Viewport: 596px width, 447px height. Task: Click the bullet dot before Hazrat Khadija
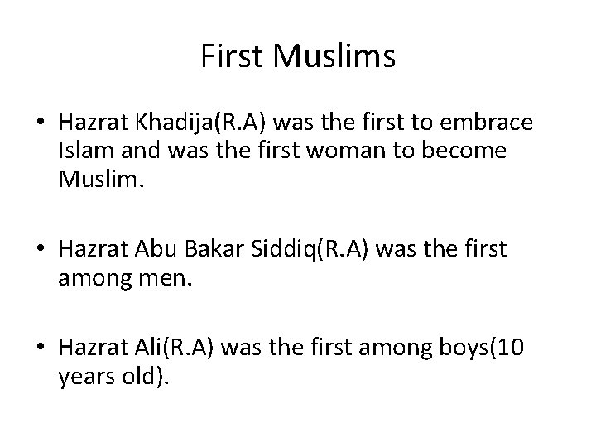[x=41, y=124]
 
